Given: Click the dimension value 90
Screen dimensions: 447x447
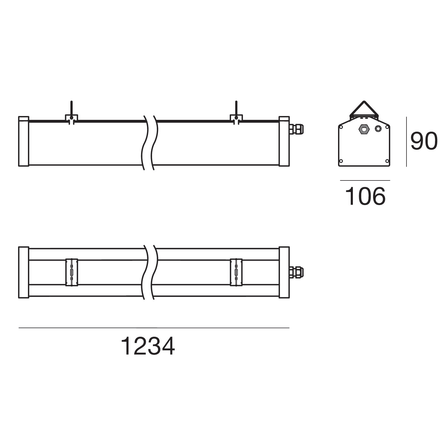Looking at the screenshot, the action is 424,141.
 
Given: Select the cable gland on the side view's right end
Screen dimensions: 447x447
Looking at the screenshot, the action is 296,129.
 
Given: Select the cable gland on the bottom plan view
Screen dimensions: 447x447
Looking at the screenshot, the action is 296,272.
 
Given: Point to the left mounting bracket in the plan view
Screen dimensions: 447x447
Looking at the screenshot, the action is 72,272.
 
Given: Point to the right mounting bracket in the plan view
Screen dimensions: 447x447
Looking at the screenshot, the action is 236,272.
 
